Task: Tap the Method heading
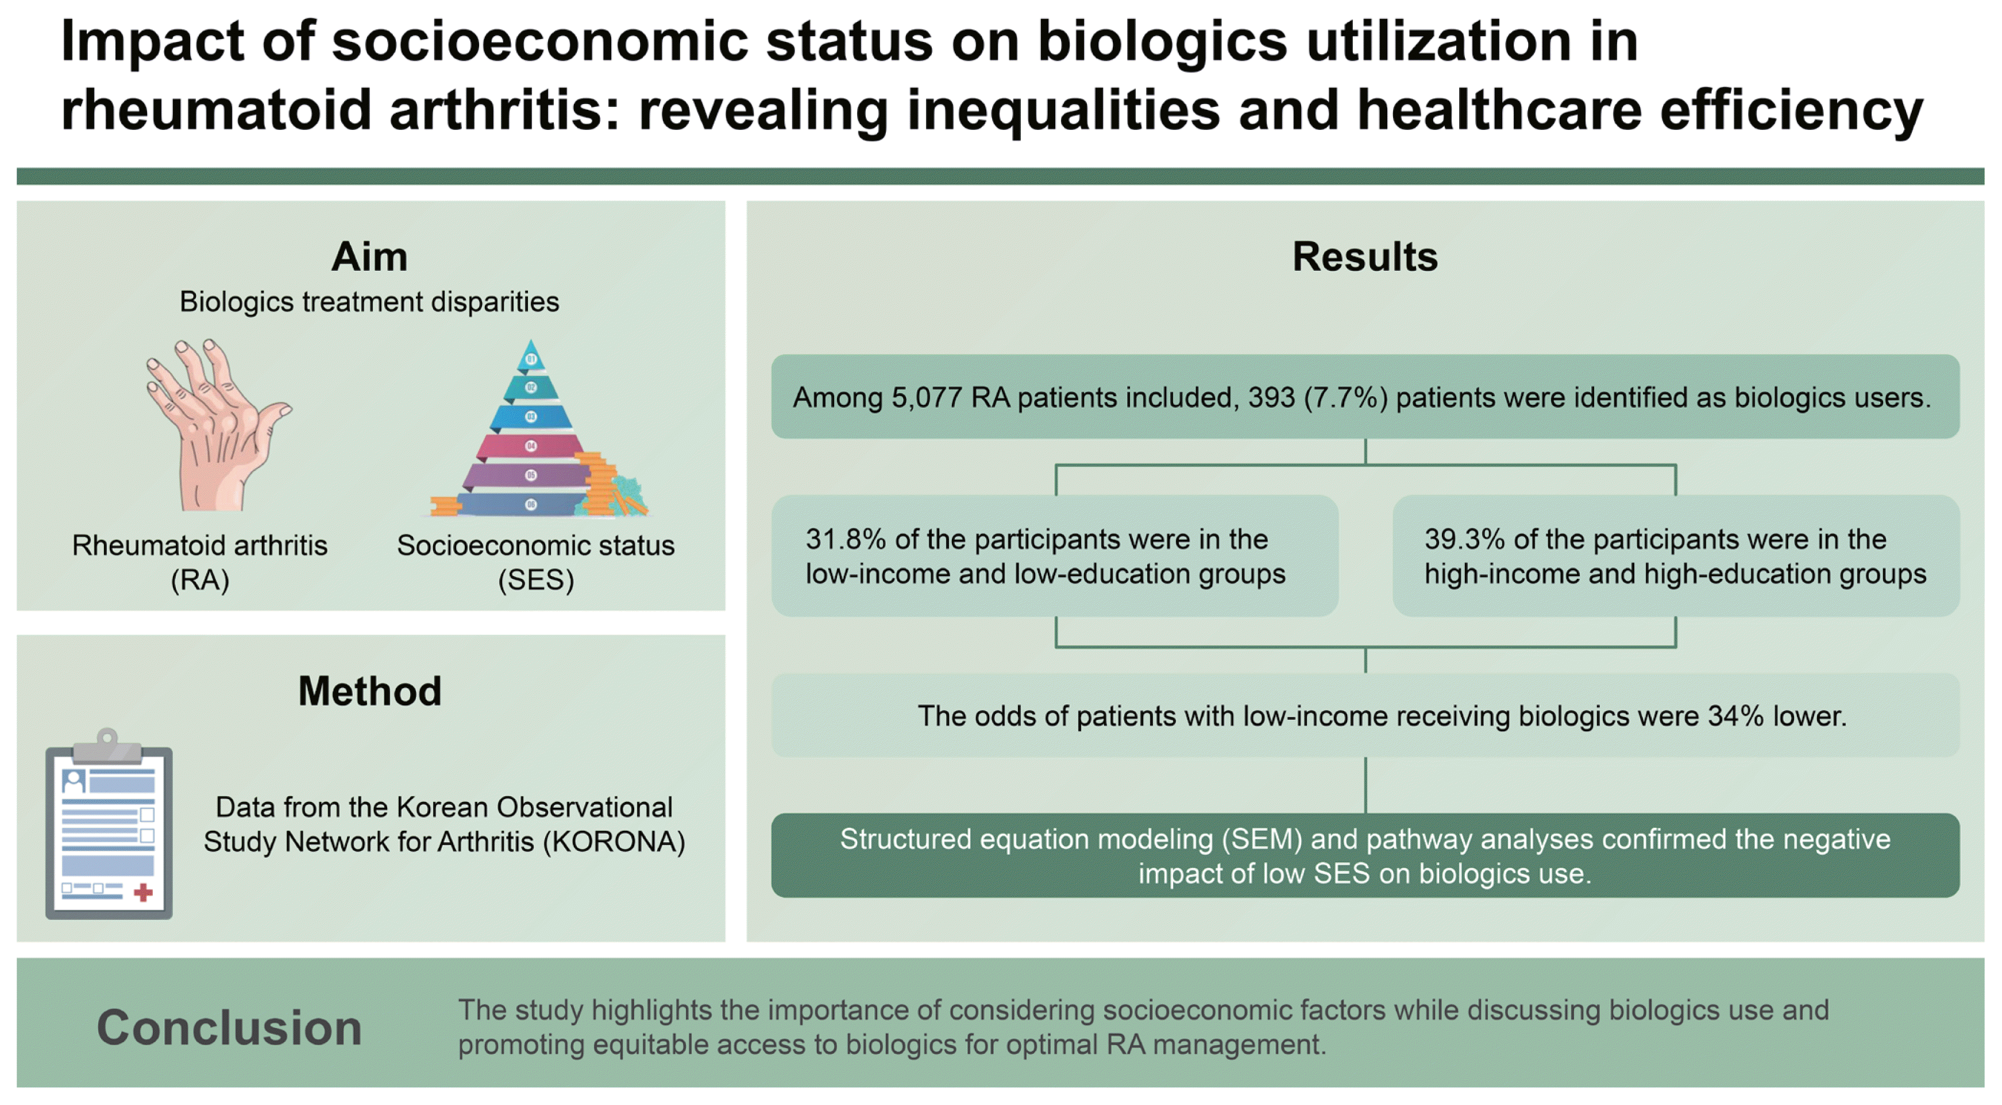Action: coord(369,690)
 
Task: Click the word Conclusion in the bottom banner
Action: coord(229,1027)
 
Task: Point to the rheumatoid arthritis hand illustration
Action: coord(214,424)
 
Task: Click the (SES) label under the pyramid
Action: coord(535,580)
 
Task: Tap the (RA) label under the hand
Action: coord(200,580)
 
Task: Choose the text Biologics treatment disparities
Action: coord(369,302)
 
